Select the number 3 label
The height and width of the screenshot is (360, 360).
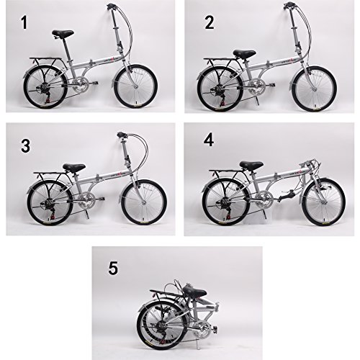[26, 146]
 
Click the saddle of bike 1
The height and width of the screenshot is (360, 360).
[63, 35]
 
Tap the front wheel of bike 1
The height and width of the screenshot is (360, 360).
[135, 86]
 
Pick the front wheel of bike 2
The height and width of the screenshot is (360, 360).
[314, 87]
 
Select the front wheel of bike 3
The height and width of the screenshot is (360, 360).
[143, 199]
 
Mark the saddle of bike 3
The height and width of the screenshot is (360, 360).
[73, 168]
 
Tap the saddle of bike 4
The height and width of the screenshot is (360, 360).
[252, 166]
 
